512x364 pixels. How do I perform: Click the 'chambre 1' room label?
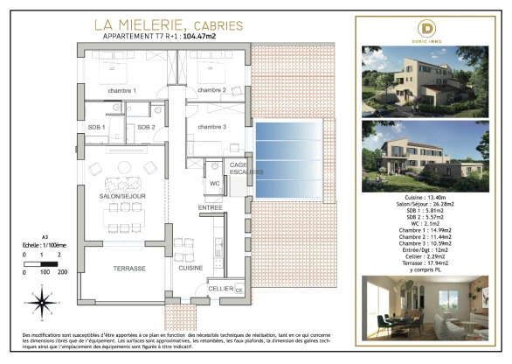coord(122,91)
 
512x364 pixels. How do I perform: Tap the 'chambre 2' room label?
coord(211,91)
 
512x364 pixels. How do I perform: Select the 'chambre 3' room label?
coord(211,128)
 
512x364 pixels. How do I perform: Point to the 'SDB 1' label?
coord(97,128)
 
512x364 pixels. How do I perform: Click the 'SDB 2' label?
coord(145,128)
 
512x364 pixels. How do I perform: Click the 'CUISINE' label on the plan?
coord(190,268)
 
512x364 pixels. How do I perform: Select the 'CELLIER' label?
coord(219,289)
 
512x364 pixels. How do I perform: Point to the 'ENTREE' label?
coord(210,207)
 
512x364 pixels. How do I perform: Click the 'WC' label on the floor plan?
coord(213,184)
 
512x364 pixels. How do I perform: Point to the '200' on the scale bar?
coord(62,273)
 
